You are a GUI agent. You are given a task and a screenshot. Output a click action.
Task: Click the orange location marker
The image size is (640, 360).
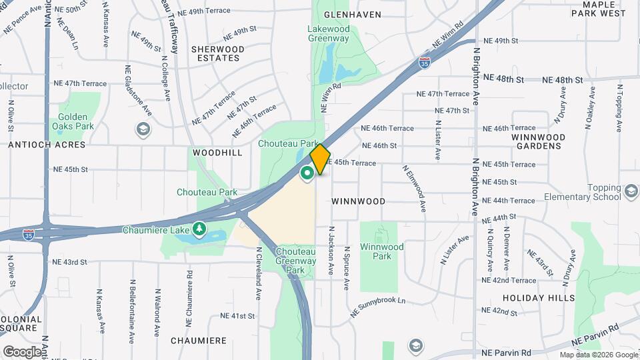point(320,158)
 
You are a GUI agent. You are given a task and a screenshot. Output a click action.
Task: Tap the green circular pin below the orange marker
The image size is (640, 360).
point(307,174)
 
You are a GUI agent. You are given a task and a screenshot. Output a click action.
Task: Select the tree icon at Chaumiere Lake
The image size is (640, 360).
point(199,230)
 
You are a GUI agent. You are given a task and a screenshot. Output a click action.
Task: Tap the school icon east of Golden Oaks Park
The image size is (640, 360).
point(142,129)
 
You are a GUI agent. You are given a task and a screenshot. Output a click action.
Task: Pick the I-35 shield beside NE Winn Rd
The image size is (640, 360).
point(425,63)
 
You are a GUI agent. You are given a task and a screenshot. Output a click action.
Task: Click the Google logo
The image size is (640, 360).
point(22,352)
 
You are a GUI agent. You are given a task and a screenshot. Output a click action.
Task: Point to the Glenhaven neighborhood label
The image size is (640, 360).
point(352,15)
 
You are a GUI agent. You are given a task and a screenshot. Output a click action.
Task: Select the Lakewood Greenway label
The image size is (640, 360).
point(329,33)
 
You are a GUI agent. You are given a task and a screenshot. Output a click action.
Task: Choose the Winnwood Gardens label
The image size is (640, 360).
point(538,141)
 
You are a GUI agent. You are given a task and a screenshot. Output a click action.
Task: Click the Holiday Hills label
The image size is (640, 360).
point(539,298)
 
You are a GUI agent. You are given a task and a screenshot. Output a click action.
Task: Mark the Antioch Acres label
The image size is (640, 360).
point(47,145)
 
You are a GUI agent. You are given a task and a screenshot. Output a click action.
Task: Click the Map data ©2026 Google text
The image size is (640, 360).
point(599,355)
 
